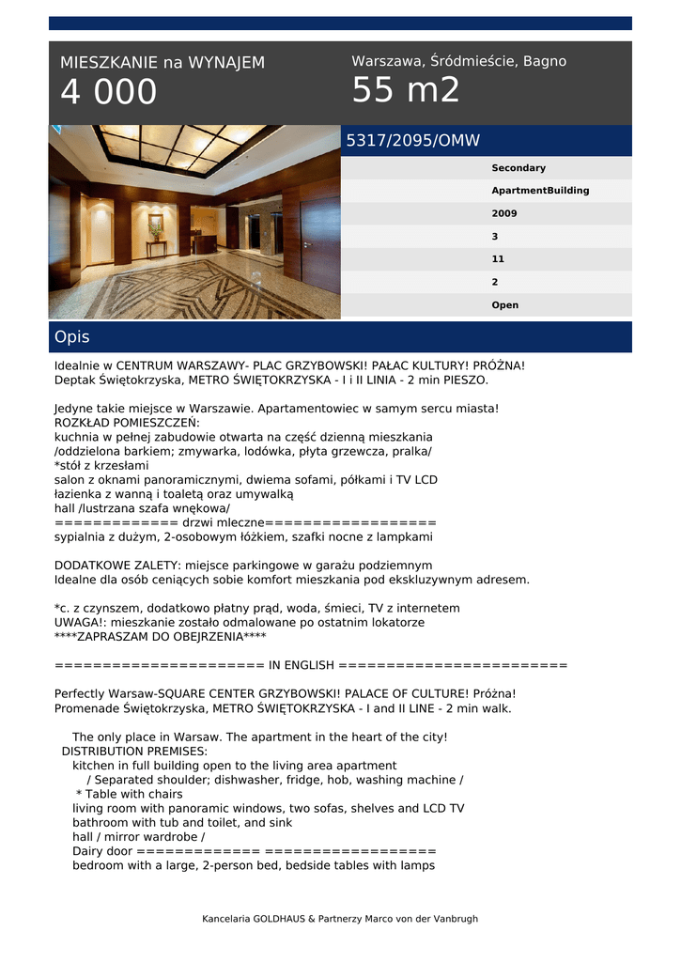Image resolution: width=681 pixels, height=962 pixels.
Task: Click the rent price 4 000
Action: pos(109,93)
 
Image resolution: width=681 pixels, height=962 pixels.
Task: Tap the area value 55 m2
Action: pos(406,91)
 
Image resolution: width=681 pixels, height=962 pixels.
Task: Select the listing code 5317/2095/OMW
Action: pos(413,141)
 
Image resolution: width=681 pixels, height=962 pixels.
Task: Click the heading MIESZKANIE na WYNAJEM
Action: pos(163,63)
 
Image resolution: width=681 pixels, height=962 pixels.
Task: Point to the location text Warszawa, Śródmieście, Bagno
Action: pos(458,61)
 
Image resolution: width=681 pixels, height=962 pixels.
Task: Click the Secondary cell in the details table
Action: pos(518,168)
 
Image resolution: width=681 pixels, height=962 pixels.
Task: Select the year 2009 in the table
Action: pos(504,213)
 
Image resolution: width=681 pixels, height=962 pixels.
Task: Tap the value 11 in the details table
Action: pos(498,259)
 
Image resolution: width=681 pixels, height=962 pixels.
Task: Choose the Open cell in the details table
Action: pos(504,305)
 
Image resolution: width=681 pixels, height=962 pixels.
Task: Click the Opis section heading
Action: pos(72,336)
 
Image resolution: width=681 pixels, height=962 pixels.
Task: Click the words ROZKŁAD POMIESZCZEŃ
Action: pos(120,423)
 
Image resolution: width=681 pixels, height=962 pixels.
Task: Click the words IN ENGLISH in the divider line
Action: pos(302,666)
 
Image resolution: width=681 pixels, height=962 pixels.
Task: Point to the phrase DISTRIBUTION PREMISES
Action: pos(134,752)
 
